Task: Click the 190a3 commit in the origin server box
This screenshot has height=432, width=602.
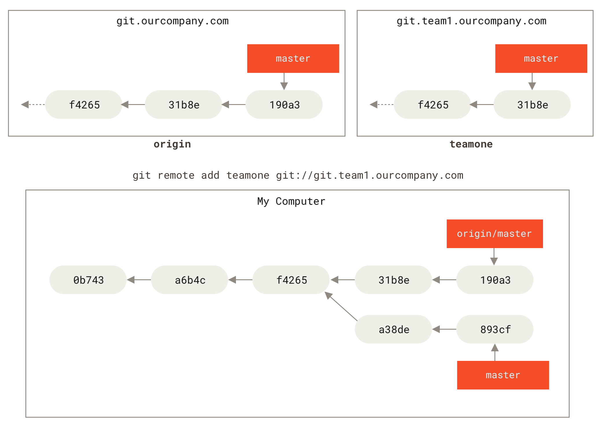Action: pyautogui.click(x=284, y=105)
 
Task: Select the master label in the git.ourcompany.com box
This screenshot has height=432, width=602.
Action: pyautogui.click(x=293, y=58)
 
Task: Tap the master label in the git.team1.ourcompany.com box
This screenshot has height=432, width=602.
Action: pyautogui.click(x=541, y=58)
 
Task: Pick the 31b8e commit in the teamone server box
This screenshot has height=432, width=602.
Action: pyautogui.click(x=532, y=105)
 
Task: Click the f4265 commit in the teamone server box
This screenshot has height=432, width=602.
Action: pyautogui.click(x=433, y=105)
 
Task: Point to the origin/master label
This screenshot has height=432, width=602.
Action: pyautogui.click(x=494, y=234)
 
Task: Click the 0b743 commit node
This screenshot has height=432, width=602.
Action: pyautogui.click(x=88, y=280)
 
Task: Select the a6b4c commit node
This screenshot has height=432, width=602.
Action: pyautogui.click(x=190, y=280)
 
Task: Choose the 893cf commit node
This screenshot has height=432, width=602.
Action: pyautogui.click(x=495, y=329)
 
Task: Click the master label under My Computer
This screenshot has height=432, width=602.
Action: pyautogui.click(x=503, y=375)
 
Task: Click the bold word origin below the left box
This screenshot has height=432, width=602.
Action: pyautogui.click(x=172, y=144)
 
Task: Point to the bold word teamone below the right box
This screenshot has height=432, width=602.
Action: pyautogui.click(x=471, y=144)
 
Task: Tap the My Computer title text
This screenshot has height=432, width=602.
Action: pyautogui.click(x=291, y=201)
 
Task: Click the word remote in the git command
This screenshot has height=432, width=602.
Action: pyautogui.click(x=176, y=176)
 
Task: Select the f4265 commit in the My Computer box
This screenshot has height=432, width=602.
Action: pyautogui.click(x=291, y=280)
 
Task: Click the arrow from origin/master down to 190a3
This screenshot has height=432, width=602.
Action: pyautogui.click(x=494, y=256)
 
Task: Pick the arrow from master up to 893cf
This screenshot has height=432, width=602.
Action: pyautogui.click(x=495, y=352)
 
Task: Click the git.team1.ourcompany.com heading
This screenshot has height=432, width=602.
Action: pyautogui.click(x=472, y=21)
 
